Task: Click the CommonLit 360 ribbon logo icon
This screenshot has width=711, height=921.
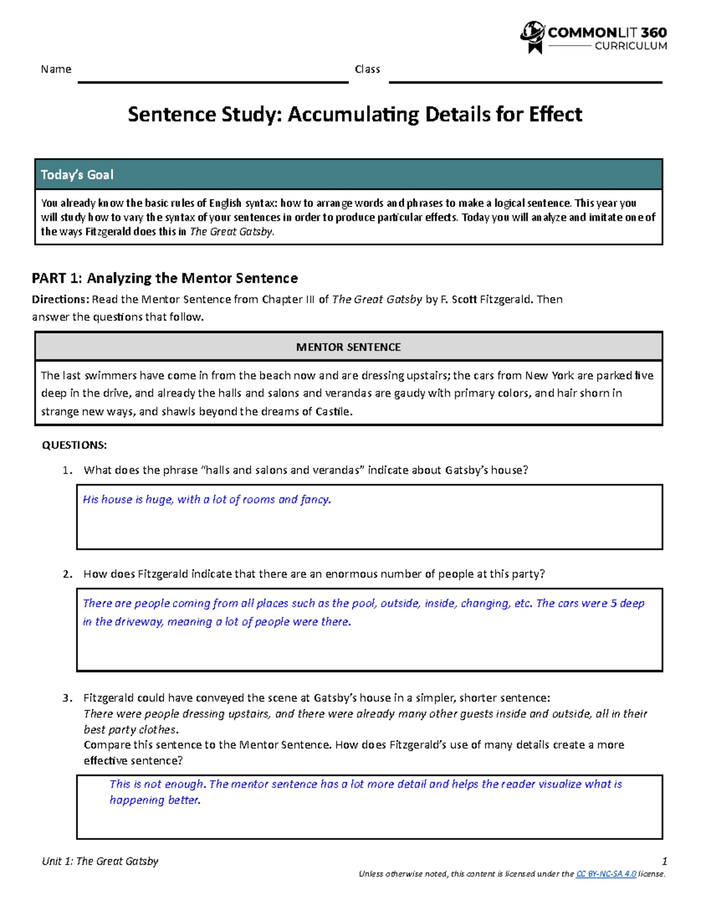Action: (x=532, y=37)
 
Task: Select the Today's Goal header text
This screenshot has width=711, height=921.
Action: (x=77, y=175)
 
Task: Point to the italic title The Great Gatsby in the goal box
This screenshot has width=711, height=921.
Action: (x=232, y=232)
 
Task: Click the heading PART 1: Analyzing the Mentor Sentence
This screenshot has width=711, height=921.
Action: (x=165, y=278)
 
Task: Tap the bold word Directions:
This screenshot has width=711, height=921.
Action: (x=60, y=299)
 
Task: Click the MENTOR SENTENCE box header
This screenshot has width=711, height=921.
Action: (x=348, y=347)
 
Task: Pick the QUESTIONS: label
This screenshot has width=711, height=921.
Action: (x=74, y=445)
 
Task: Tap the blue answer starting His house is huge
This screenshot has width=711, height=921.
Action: (x=207, y=499)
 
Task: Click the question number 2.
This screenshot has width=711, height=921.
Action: (x=67, y=574)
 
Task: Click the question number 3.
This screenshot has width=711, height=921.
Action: (x=67, y=698)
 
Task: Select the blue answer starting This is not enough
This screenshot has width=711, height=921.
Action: (x=366, y=792)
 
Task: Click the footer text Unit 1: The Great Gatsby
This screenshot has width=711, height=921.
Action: (x=100, y=861)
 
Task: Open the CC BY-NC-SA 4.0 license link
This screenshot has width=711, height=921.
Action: (x=606, y=874)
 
